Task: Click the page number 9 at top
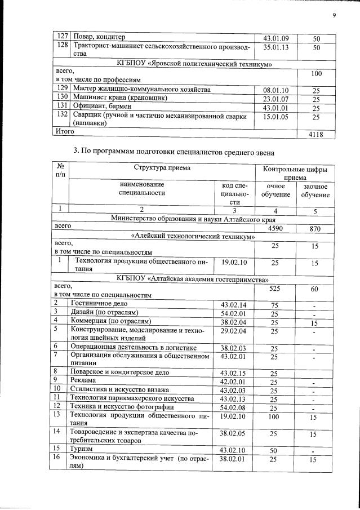tap(334, 15)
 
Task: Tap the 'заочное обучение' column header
tap(315, 190)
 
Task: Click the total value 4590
tap(274, 228)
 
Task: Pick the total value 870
tap(315, 228)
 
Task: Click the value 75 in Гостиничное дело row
tap(274, 304)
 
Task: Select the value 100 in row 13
tap(274, 417)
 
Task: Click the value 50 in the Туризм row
tap(274, 450)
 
